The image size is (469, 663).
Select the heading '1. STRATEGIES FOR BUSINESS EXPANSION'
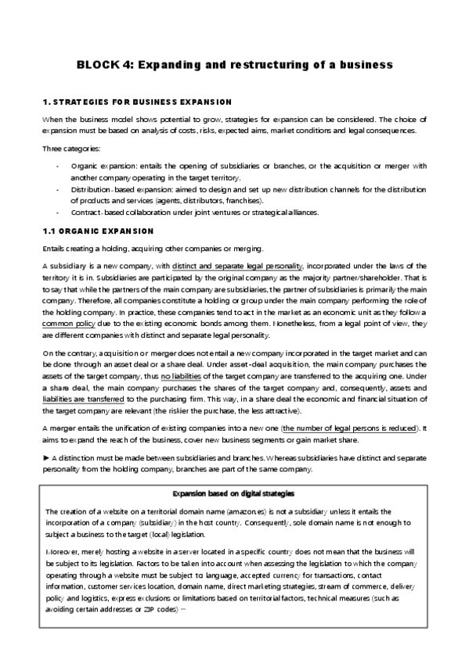pyautogui.click(x=136, y=102)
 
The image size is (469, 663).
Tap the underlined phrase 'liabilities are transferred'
pyautogui.click(x=84, y=398)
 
